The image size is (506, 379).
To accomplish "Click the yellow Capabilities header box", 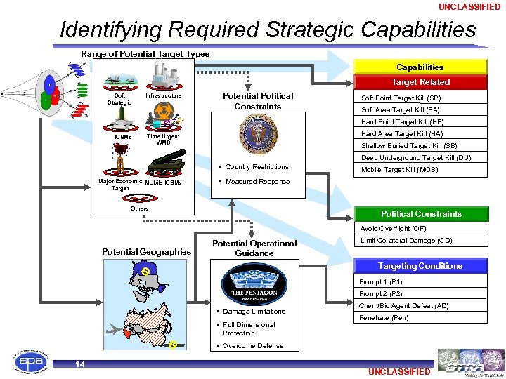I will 420,67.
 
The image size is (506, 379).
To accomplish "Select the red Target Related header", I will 420,82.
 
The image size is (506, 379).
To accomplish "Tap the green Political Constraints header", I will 420,214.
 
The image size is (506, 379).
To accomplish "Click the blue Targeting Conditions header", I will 420,266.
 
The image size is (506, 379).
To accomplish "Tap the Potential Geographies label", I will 146,252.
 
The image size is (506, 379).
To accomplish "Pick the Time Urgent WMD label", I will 163,140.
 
